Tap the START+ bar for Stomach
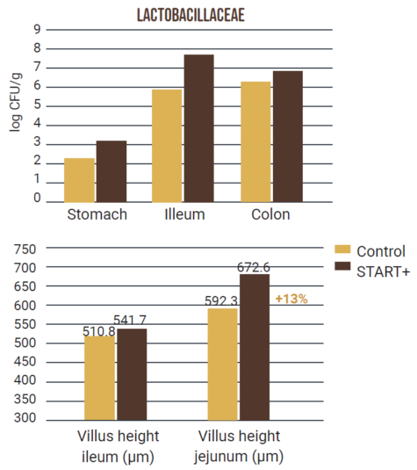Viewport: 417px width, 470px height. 111,170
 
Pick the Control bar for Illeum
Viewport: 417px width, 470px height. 167,145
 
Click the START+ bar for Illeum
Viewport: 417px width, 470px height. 199,127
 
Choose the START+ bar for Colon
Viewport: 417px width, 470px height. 287,135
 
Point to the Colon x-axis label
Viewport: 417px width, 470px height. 270,214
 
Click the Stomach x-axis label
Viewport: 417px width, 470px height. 96,214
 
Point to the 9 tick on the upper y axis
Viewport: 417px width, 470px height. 37,29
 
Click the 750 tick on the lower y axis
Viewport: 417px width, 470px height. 26,249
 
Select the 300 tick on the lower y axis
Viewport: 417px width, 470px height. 26,418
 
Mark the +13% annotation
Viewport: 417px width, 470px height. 291,299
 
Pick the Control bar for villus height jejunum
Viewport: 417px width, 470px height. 223,363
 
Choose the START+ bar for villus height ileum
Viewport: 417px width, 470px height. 132,372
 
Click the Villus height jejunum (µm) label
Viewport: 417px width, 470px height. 239,445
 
